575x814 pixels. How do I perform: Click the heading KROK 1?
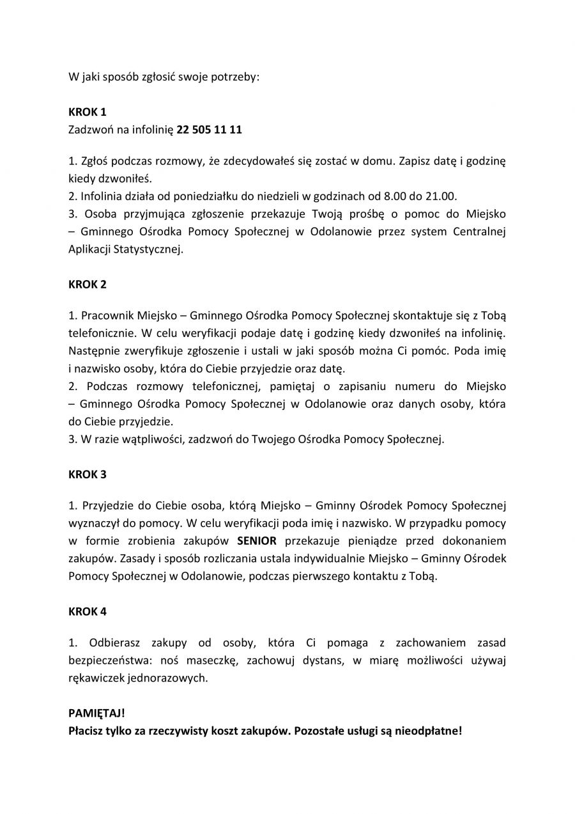click(x=87, y=112)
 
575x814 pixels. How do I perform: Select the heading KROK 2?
click(x=87, y=285)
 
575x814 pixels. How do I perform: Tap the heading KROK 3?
click(x=87, y=474)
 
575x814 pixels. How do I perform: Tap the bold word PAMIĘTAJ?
click(x=96, y=713)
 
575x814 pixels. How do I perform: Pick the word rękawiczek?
click(x=97, y=678)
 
